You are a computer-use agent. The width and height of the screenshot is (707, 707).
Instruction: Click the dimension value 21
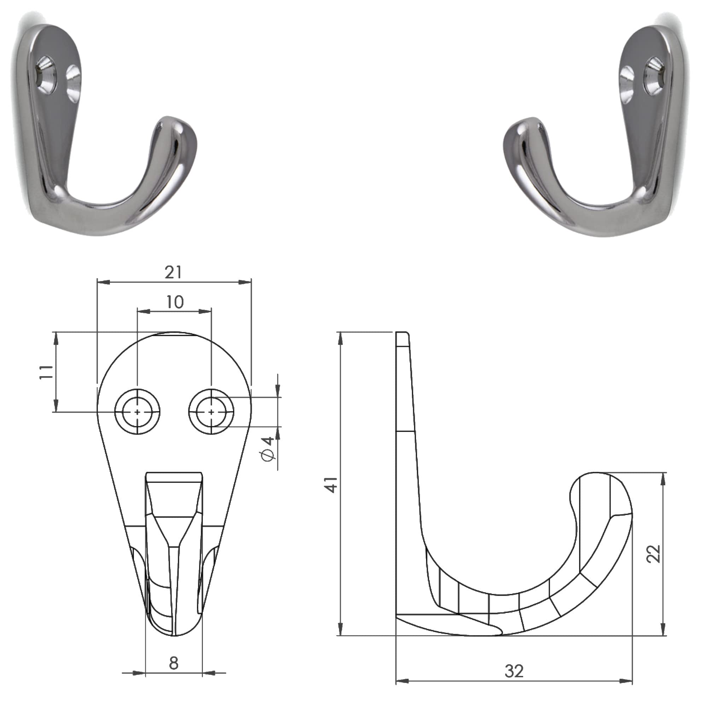173,273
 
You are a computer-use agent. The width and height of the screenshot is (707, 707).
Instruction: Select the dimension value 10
175,302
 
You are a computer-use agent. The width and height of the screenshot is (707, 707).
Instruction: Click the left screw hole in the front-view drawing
137,412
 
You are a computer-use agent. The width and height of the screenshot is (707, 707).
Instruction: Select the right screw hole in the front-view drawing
211,412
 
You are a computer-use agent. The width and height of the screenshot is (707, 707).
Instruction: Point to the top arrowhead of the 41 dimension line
341,339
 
